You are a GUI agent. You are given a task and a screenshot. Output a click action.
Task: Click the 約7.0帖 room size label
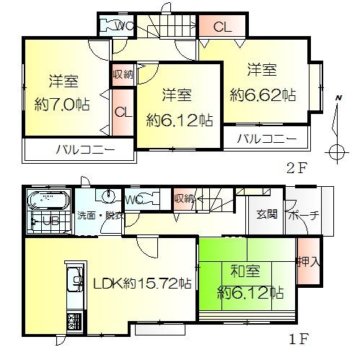tap(63, 104)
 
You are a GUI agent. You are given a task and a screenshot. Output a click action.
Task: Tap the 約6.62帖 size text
tap(263, 94)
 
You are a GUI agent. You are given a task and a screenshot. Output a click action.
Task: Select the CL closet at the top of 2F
tap(221, 27)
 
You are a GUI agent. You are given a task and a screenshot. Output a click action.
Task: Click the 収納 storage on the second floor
tap(121, 74)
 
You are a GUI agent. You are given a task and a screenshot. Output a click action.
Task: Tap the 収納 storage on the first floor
tap(184, 198)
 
